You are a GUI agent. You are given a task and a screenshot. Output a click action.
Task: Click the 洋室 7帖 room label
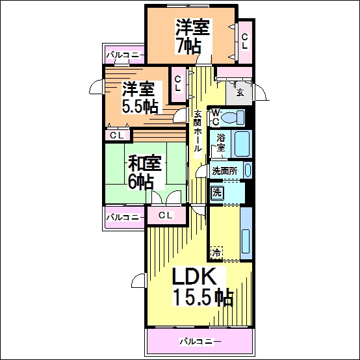point(192,37)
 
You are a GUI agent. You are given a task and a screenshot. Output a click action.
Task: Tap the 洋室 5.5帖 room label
point(140,97)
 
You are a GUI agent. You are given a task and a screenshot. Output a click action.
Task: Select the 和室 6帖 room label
point(145,172)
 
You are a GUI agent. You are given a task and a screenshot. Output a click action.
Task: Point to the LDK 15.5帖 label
point(203,287)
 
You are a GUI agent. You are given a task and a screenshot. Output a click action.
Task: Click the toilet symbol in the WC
point(233,118)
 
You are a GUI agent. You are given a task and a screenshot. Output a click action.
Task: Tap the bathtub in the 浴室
point(242,144)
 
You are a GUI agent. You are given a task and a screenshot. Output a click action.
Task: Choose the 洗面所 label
point(224,171)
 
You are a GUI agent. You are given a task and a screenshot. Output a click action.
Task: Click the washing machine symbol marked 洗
point(217,192)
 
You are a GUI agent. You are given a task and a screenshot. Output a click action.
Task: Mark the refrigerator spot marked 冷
point(217,253)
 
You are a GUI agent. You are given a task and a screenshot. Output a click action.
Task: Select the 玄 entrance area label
point(240,92)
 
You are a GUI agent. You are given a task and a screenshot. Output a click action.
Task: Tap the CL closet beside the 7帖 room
point(245,42)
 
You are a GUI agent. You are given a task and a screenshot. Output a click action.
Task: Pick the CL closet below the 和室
point(166,215)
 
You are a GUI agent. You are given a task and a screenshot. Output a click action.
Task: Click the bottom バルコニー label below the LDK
point(200,342)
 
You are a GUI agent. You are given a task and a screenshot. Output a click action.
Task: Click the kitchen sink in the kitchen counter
point(246,241)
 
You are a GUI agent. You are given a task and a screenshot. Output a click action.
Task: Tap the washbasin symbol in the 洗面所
point(248,170)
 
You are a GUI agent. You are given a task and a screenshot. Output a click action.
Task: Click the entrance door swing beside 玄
point(261,92)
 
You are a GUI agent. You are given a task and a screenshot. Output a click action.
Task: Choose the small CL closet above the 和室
point(116,135)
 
